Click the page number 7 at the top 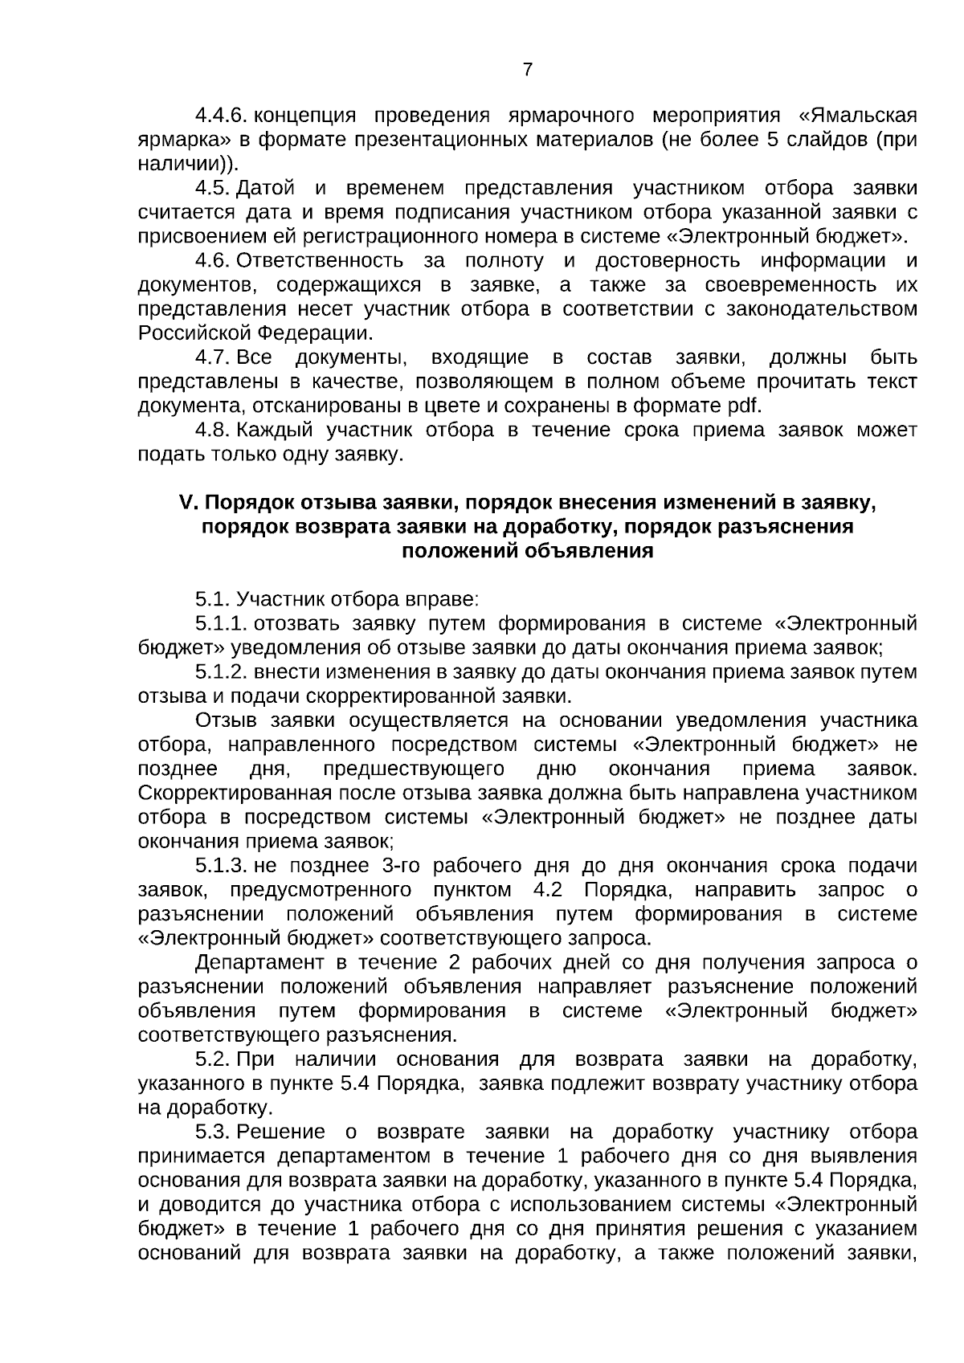pos(527,70)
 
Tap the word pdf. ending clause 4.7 pos(744,406)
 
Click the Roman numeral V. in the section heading pos(187,503)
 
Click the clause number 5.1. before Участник pos(213,600)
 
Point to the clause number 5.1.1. pos(220,624)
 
